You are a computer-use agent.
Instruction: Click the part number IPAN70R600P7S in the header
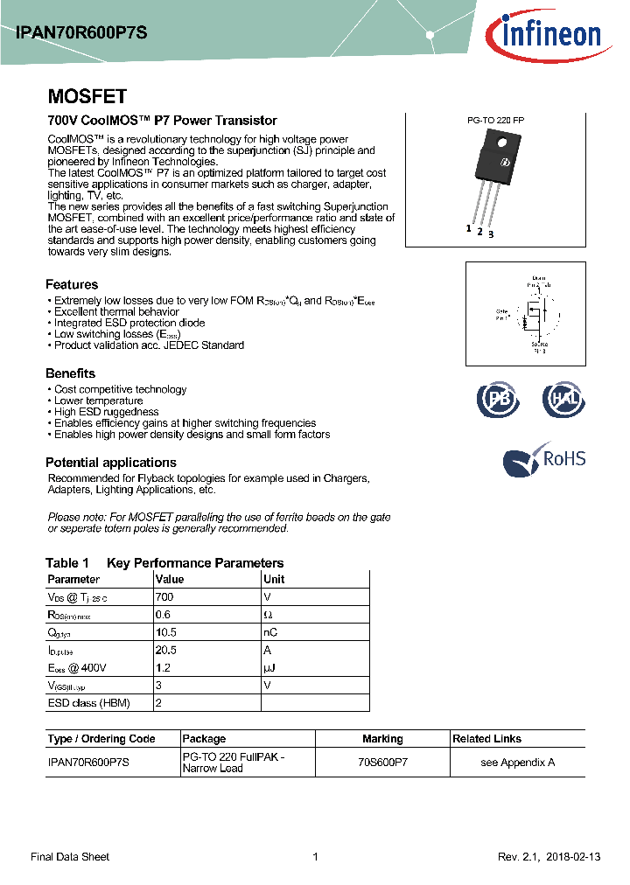[x=81, y=32]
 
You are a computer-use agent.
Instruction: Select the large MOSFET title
[x=87, y=96]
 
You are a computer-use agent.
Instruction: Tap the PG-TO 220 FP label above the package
[x=496, y=121]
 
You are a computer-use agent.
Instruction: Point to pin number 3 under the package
[x=491, y=234]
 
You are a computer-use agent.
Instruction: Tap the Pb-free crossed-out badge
[x=497, y=399]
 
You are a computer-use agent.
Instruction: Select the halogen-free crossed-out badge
[x=563, y=399]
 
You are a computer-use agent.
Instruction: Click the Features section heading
[x=72, y=284]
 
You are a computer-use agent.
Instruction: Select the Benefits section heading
[x=70, y=373]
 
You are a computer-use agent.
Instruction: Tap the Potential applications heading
[x=110, y=463]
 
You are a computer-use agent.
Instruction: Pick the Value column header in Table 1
[x=169, y=579]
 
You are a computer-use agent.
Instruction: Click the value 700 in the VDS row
[x=164, y=596]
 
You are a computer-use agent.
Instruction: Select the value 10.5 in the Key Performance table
[x=166, y=632]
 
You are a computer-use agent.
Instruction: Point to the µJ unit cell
[x=270, y=668]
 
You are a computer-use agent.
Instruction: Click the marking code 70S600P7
[x=382, y=763]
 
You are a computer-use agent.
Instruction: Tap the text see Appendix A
[x=518, y=763]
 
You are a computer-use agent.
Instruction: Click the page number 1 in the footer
[x=315, y=857]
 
